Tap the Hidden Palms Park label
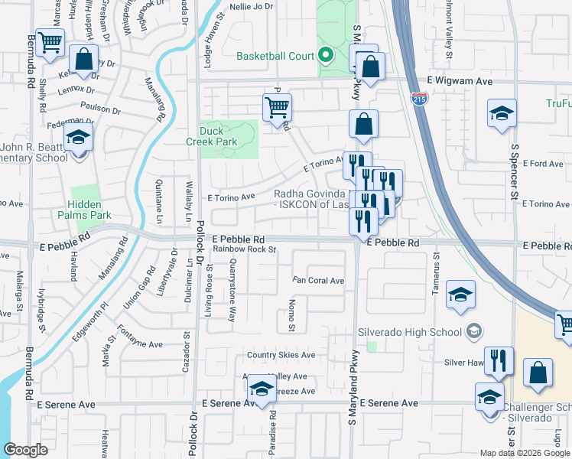point(89,210)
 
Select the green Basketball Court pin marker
point(326,55)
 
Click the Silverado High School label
point(410,332)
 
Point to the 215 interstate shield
point(419,99)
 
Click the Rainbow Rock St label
point(244,249)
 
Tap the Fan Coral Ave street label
point(318,281)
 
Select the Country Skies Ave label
point(281,355)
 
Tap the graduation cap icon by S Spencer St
point(502,114)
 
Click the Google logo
point(26,450)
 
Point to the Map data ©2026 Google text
point(524,453)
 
